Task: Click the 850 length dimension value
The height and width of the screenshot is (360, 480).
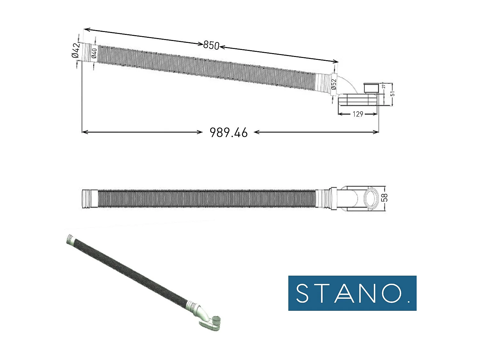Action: point(211,45)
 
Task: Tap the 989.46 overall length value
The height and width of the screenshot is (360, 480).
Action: point(228,132)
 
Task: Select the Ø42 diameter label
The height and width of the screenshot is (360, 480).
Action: point(76,50)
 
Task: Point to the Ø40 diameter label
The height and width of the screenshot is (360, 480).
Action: point(94,53)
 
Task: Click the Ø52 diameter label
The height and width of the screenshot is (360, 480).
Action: point(334,84)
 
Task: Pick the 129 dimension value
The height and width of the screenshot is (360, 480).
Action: point(358,114)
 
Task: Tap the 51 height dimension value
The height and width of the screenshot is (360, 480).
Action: point(392,93)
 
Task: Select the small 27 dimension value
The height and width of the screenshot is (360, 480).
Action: point(384,86)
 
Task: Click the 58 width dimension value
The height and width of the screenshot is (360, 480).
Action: point(385,197)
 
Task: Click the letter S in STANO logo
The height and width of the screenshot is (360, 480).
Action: point(302,293)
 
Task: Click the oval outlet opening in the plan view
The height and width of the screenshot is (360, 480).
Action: point(372,197)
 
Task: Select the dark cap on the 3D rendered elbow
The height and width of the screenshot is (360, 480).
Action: point(217,320)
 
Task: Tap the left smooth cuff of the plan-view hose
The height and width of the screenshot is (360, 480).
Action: point(90,199)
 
